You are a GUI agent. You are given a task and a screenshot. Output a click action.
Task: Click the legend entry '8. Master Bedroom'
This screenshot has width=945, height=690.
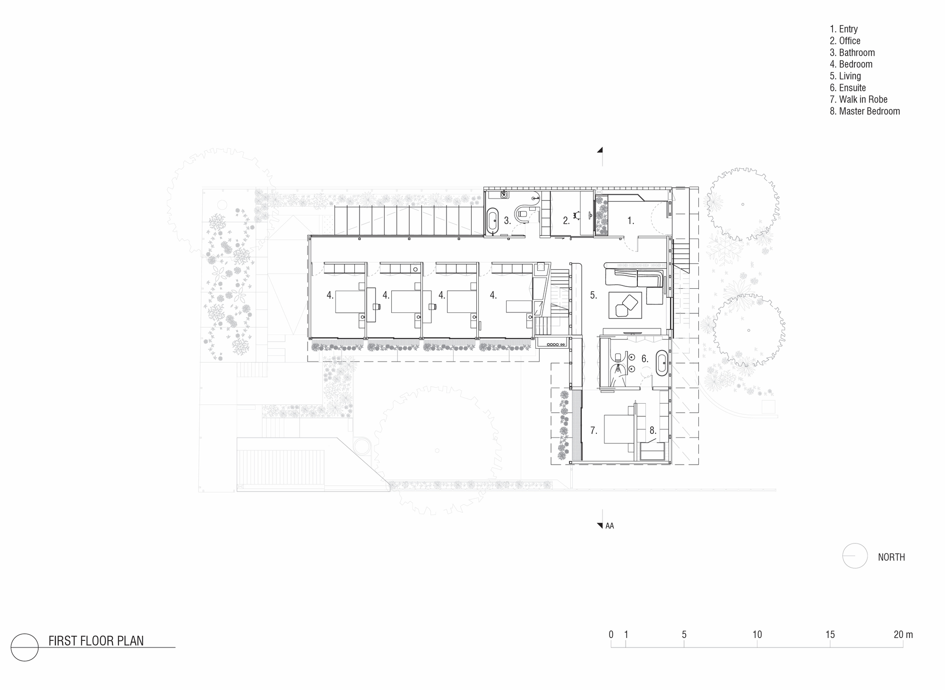tap(865, 112)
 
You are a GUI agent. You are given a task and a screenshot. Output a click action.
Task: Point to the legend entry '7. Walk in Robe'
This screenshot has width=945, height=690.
tap(858, 100)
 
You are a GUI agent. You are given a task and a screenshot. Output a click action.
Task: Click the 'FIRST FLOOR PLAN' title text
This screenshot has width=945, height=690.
tap(96, 641)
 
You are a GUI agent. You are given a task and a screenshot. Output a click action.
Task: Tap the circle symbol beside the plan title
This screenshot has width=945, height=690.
tap(25, 647)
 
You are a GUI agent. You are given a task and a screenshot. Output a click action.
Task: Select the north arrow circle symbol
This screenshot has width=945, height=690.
tap(855, 555)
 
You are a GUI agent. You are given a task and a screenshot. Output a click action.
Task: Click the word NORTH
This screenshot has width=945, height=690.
tap(891, 558)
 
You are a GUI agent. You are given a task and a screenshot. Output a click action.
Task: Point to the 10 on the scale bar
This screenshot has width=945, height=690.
tap(757, 635)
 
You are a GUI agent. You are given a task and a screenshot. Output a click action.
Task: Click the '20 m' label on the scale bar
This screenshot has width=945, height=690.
tap(903, 635)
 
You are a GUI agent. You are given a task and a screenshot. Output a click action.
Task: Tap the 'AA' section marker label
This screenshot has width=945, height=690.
tap(610, 526)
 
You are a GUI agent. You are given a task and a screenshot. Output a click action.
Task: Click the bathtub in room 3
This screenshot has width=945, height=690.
tap(493, 220)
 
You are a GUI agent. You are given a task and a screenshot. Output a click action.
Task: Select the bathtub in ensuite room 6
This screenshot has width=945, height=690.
tap(661, 363)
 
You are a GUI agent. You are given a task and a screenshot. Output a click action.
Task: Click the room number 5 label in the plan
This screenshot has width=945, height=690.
tap(593, 295)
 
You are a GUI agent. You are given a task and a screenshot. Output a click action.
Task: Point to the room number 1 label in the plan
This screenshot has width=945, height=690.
tap(630, 221)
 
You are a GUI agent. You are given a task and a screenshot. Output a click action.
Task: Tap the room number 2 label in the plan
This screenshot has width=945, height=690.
tap(566, 221)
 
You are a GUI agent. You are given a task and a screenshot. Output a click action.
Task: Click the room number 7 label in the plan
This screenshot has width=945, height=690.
tap(593, 431)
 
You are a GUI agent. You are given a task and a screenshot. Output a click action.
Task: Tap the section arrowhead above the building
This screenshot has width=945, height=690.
tap(600, 151)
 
